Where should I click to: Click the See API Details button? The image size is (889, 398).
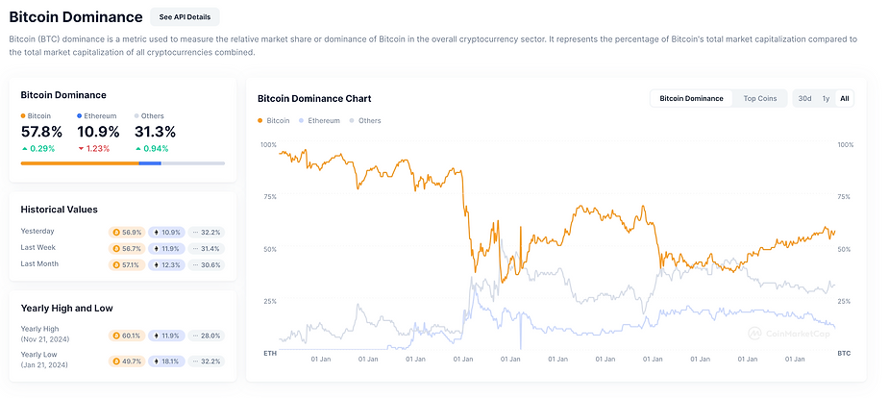point(185,17)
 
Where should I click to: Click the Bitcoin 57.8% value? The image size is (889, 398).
point(41,132)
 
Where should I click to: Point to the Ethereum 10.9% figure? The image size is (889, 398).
point(98,132)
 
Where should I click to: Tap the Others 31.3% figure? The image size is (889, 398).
point(156,132)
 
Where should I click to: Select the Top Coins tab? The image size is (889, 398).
point(760,98)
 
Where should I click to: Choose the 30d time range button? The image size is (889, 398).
point(804,98)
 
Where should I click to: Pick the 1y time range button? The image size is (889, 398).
point(826,98)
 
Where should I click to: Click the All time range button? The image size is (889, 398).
point(844,98)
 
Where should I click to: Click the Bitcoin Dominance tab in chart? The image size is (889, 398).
point(691,98)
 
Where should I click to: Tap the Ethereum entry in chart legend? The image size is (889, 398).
point(323,121)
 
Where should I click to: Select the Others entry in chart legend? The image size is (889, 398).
point(369,121)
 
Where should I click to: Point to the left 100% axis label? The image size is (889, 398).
point(268,145)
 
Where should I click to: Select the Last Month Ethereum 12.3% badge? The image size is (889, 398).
point(166,264)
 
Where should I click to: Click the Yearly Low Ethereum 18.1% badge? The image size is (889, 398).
point(166,361)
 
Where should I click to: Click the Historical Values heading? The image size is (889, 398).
point(59,209)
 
